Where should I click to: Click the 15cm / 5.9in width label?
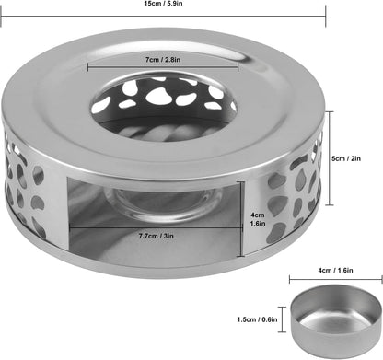tap(163, 4)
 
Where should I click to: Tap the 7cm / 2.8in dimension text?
tap(163, 60)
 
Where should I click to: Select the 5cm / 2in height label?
tap(346, 158)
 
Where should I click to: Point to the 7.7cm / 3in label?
tap(157, 236)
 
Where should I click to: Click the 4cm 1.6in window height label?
tap(258, 219)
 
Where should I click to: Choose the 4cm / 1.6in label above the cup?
tap(335, 271)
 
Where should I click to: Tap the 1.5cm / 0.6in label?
tap(257, 319)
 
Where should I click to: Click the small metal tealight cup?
tap(336, 317)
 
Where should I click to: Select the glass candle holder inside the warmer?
tap(163, 201)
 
